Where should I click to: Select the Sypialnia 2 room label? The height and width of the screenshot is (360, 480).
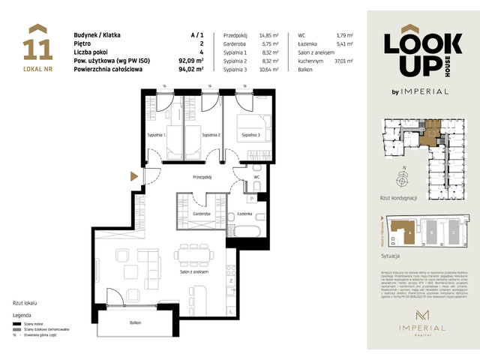click(210, 136)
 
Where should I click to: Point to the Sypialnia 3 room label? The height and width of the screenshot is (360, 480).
click(250, 136)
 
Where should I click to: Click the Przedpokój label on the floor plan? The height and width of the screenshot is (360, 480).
click(203, 178)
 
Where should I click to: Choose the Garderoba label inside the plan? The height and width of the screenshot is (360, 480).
click(199, 214)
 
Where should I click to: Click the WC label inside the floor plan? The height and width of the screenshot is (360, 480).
click(256, 198)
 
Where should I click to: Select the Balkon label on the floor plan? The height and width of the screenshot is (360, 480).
click(135, 322)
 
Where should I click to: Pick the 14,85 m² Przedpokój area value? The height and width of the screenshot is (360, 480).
click(268, 35)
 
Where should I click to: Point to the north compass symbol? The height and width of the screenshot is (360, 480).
click(404, 178)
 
